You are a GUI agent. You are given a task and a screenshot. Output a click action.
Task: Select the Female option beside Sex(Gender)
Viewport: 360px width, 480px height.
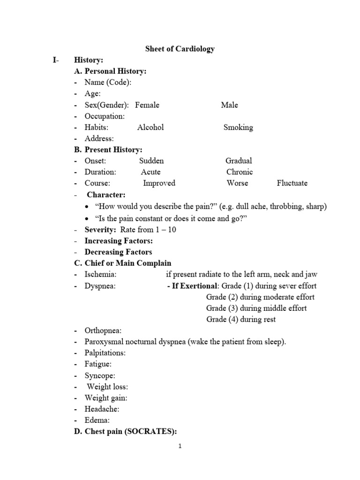(x=147, y=105)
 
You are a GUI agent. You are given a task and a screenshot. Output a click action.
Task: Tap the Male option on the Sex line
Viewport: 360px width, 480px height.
(x=229, y=105)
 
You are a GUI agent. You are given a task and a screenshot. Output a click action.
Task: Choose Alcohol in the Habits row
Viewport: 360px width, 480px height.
(x=150, y=127)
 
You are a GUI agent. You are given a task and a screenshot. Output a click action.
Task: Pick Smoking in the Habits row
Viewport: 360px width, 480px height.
(x=238, y=127)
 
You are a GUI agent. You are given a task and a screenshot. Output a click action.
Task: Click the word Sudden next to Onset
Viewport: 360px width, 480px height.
(x=151, y=161)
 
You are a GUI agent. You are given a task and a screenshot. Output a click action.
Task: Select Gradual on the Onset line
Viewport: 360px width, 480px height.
(x=239, y=161)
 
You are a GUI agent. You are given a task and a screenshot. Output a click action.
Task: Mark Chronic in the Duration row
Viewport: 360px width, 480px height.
(x=240, y=172)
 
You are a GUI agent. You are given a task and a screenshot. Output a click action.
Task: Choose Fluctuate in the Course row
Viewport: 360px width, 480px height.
(x=292, y=183)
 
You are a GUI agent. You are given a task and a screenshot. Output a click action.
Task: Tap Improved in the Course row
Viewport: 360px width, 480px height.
(x=159, y=183)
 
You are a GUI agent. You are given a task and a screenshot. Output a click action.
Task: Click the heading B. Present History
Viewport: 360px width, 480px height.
(x=108, y=150)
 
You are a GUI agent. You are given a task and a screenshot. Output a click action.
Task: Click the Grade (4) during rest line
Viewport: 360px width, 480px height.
(x=241, y=320)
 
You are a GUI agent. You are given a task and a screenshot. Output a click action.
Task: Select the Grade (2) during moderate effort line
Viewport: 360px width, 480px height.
(x=260, y=297)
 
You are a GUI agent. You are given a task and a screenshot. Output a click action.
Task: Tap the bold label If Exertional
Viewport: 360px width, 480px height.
(x=195, y=286)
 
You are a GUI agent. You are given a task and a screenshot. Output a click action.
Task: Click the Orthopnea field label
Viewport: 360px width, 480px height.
(x=103, y=330)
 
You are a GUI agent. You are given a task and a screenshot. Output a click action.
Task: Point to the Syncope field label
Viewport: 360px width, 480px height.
(x=100, y=375)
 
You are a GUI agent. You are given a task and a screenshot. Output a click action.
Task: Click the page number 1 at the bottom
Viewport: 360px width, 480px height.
(x=180, y=447)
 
